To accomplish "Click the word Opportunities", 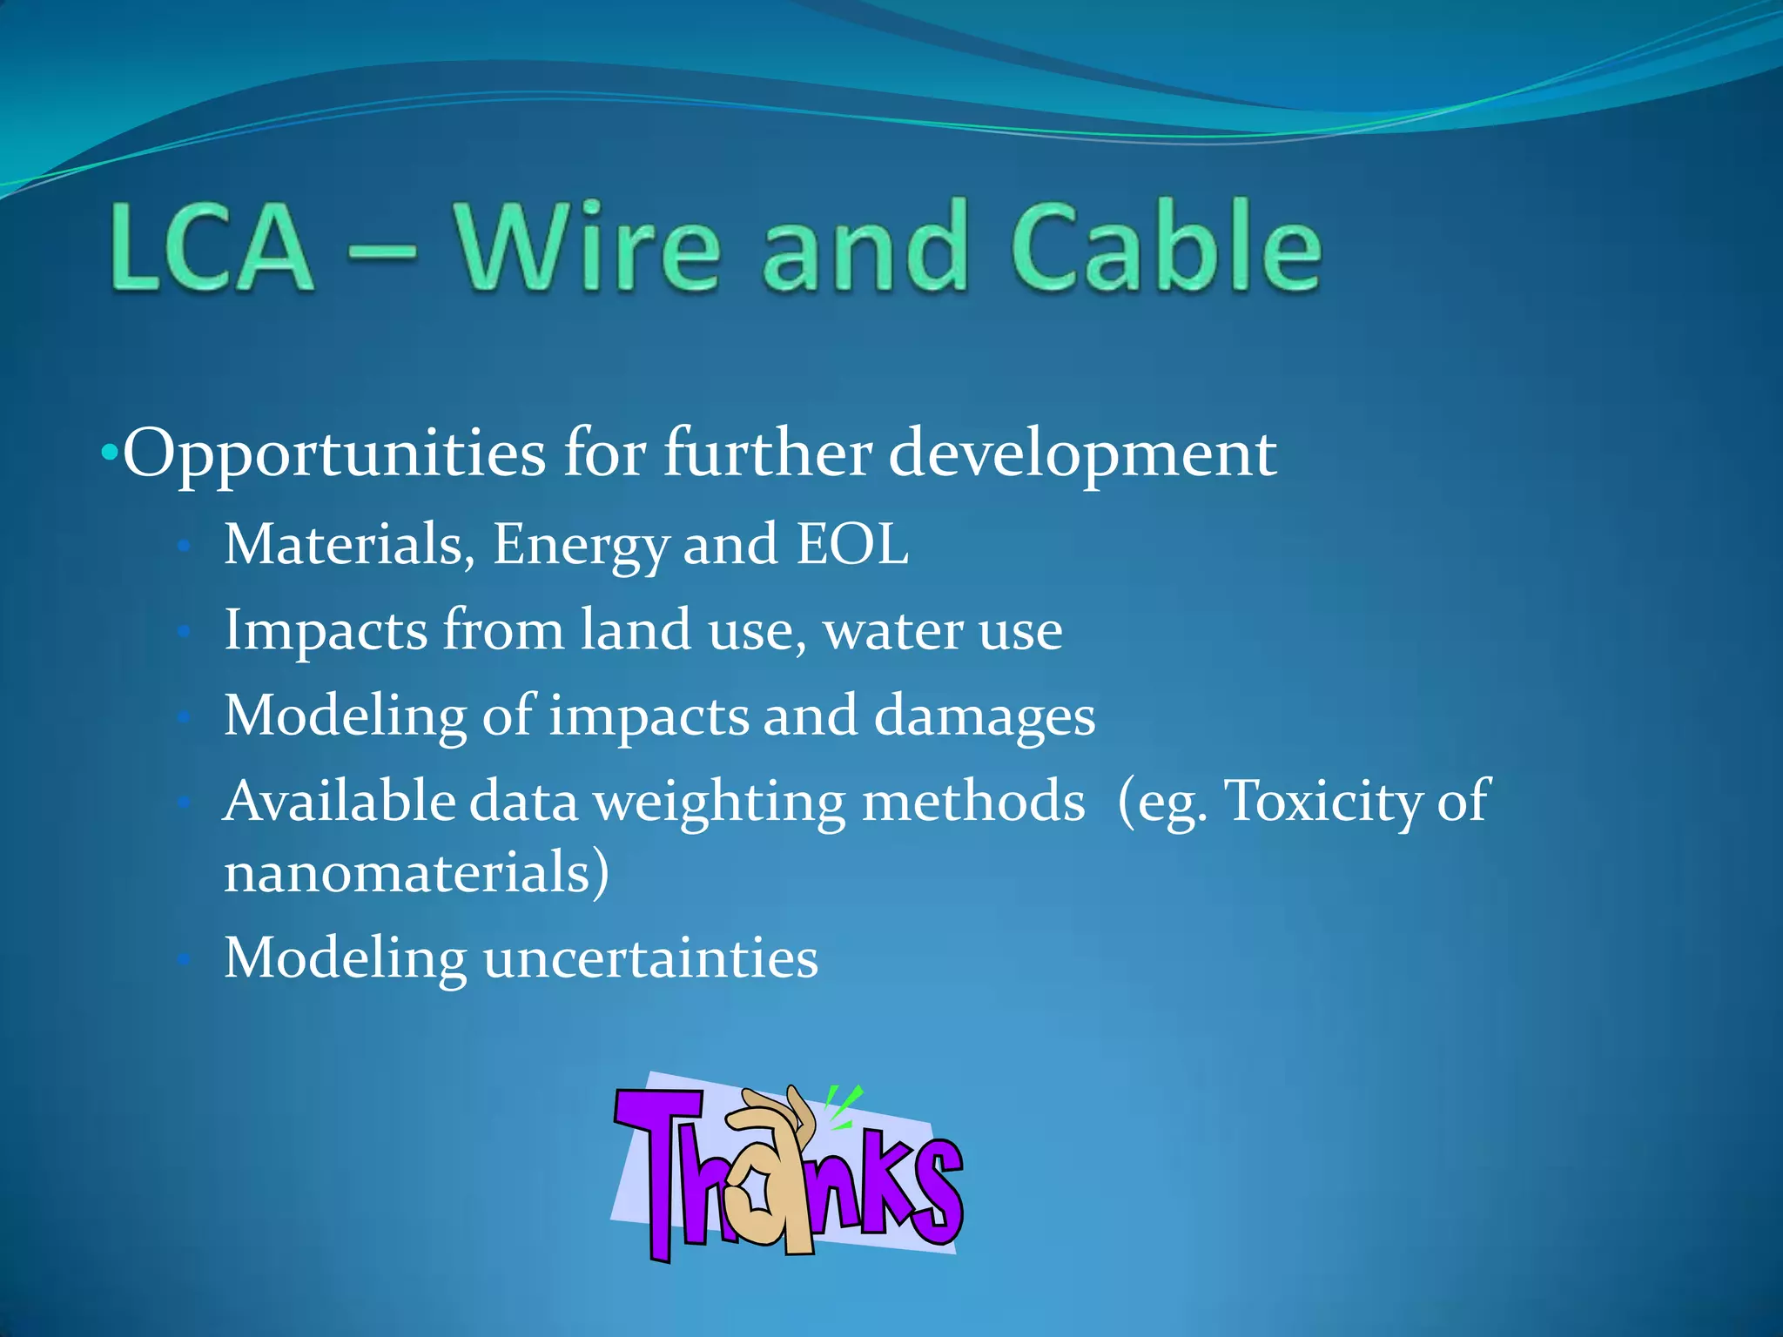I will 334,454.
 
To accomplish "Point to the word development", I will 1082,454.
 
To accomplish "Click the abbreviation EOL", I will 852,544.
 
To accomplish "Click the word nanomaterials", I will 416,872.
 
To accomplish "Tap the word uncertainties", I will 650,958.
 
